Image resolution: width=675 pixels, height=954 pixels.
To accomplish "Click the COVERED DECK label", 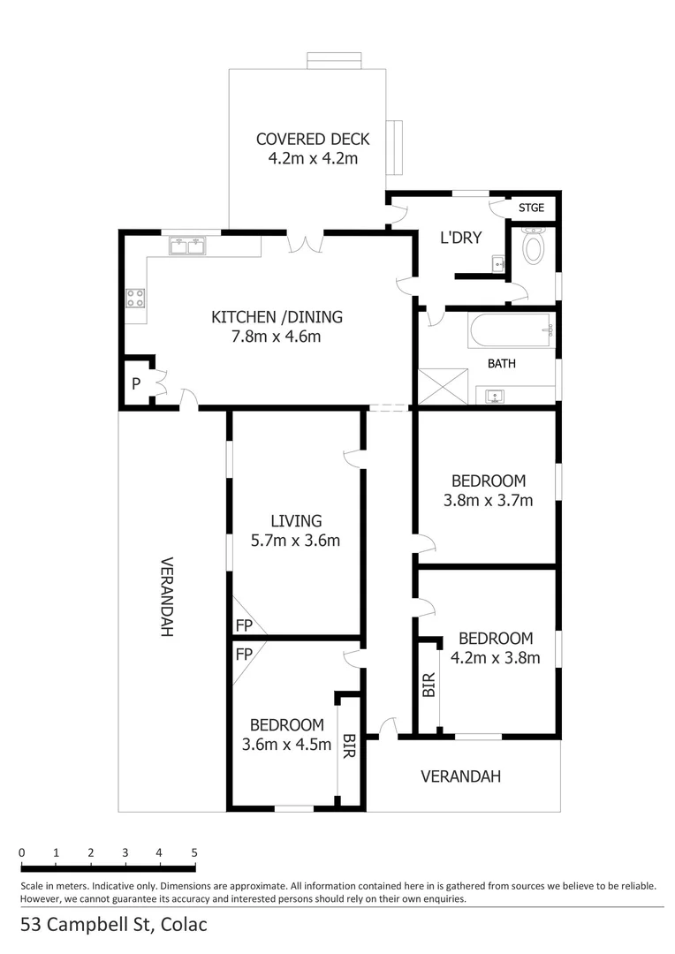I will click(313, 140).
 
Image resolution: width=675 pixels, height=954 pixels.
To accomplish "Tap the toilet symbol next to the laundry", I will click(534, 246).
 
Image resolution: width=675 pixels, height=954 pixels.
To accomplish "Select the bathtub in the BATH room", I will click(511, 331).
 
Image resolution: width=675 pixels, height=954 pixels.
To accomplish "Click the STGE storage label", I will click(531, 208).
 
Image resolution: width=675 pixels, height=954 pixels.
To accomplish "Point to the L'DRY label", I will click(460, 238).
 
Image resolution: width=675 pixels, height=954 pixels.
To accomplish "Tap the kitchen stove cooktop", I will click(135, 299).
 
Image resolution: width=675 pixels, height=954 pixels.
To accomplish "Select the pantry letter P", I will click(136, 384).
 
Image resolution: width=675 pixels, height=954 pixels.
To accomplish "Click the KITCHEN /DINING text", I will click(277, 317).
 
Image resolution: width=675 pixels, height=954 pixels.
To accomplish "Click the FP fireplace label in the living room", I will click(243, 625).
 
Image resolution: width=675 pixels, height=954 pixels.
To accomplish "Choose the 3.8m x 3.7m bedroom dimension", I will click(488, 501).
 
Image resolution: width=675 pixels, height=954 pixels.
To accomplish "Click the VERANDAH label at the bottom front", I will click(460, 776).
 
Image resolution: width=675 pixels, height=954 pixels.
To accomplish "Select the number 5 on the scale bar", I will click(193, 853).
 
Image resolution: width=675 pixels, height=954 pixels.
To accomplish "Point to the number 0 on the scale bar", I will click(21, 853).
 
